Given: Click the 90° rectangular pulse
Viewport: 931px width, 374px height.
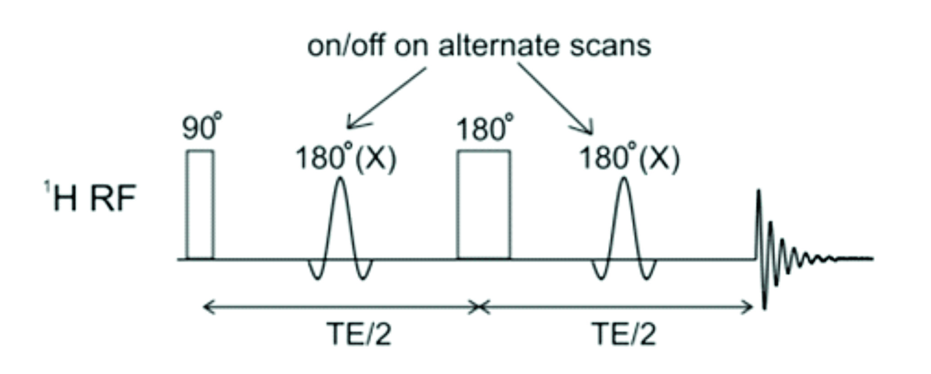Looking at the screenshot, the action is (201, 205).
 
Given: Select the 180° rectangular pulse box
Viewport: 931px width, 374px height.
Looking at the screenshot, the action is (483, 205).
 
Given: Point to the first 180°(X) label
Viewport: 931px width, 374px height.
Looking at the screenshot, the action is (345, 158).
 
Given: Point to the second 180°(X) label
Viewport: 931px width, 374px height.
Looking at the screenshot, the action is (629, 158).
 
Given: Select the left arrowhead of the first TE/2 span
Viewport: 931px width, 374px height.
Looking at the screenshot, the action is (206, 307).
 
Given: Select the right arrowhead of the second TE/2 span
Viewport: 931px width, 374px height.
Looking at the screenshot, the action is (750, 307).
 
